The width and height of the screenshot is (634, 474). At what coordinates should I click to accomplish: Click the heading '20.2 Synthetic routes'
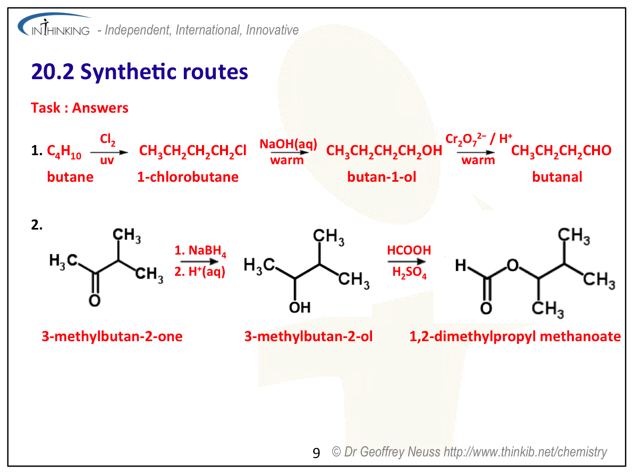(x=140, y=72)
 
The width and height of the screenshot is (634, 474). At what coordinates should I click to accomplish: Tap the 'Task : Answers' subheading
(x=80, y=108)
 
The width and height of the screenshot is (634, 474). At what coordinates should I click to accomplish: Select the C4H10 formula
(x=64, y=152)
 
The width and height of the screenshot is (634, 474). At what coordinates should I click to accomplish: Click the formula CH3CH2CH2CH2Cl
(x=192, y=151)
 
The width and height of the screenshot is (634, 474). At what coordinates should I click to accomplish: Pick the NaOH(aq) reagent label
(x=288, y=143)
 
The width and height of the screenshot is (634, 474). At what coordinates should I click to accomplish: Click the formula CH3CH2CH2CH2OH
(x=384, y=151)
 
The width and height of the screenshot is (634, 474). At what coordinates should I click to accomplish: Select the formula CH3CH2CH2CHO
(x=561, y=151)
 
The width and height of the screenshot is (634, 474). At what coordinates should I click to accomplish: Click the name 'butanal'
(x=557, y=177)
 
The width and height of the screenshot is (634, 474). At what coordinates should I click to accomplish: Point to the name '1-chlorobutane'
(x=188, y=177)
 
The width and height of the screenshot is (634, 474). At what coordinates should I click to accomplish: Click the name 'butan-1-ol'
(x=382, y=177)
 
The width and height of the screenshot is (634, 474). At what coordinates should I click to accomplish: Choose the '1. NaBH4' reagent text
(x=200, y=251)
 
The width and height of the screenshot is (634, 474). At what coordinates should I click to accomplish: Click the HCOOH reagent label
(x=409, y=250)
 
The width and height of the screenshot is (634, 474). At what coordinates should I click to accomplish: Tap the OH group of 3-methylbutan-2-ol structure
(x=300, y=307)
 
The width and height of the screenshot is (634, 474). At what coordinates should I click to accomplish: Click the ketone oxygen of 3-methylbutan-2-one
(x=95, y=301)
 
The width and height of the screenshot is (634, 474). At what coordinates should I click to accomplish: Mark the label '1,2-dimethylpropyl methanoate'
(x=515, y=336)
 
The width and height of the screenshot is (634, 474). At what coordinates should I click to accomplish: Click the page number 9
(x=316, y=453)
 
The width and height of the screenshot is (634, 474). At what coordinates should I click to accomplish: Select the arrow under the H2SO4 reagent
(x=407, y=261)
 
